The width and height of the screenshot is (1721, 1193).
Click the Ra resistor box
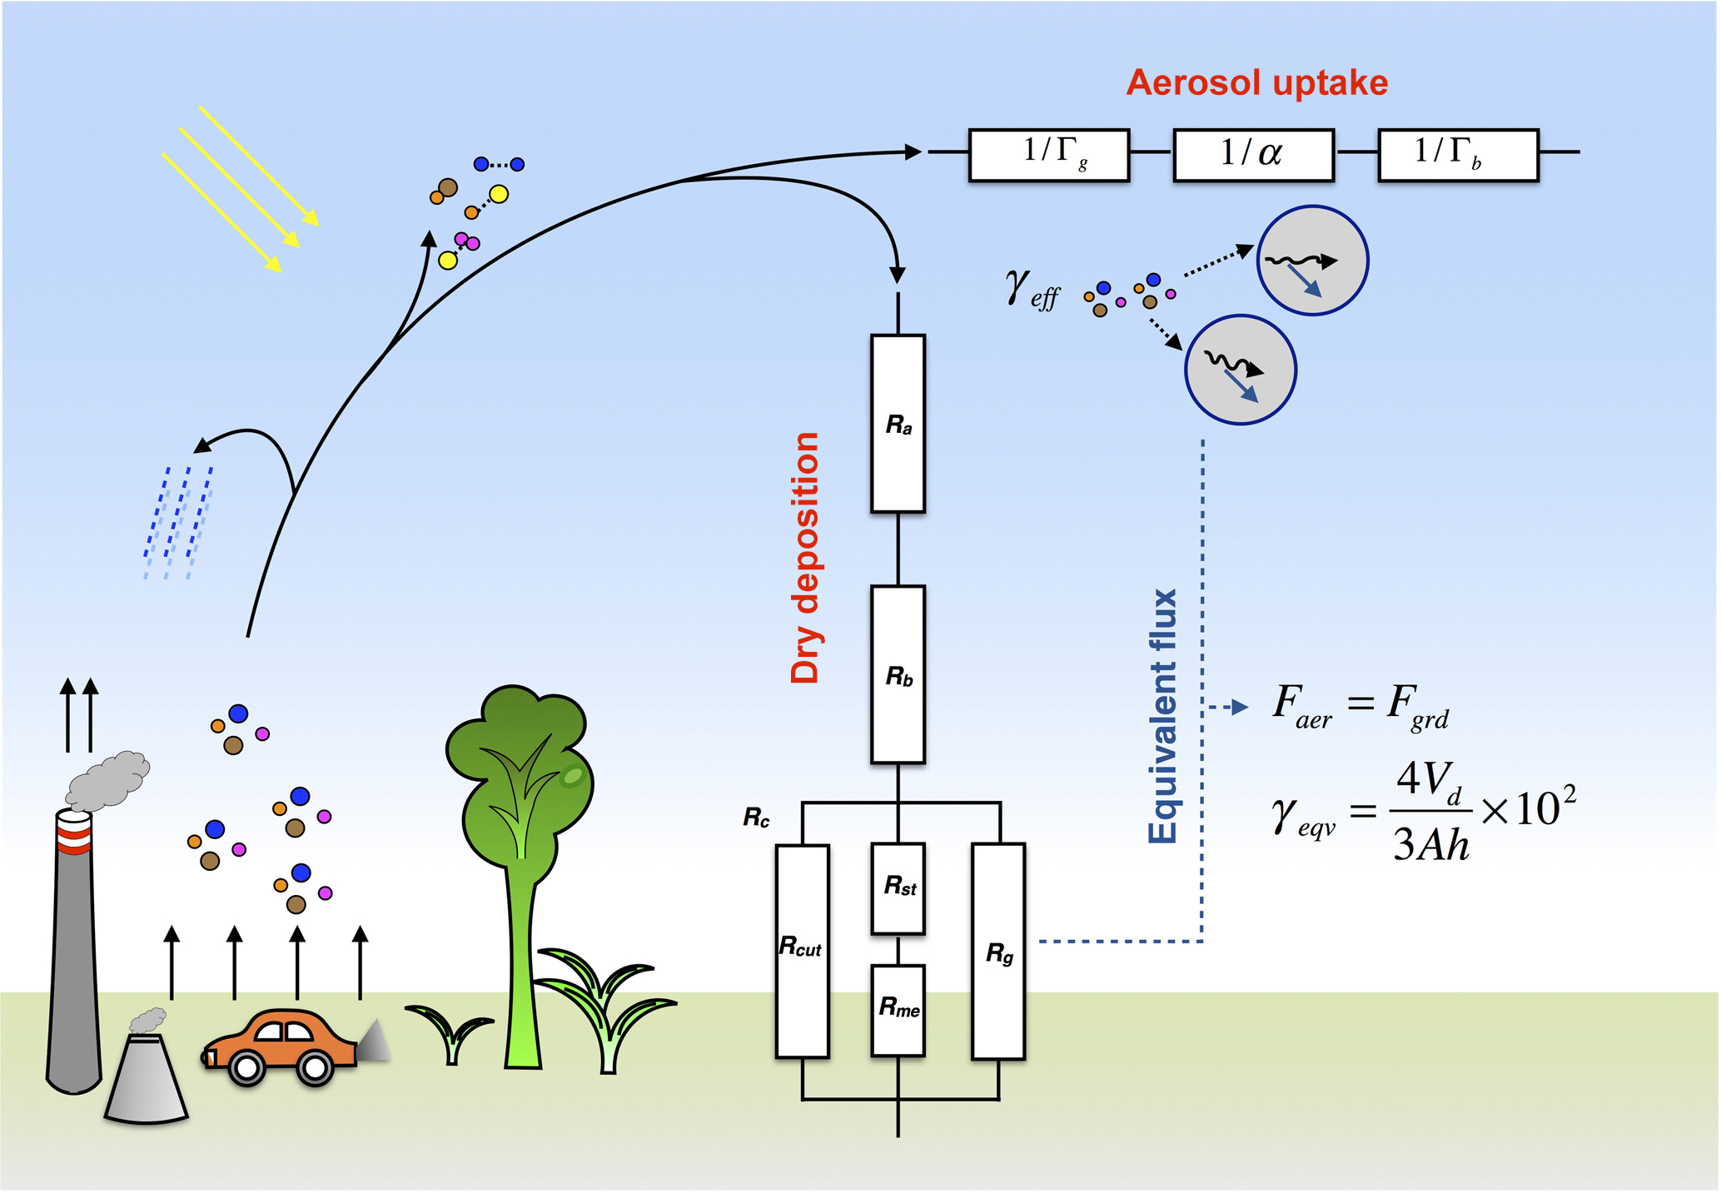898,423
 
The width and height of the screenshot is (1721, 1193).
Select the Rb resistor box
898,674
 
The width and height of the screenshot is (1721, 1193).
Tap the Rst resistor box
898,887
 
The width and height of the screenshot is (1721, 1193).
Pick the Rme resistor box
898,1010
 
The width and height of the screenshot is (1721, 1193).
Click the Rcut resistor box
802,951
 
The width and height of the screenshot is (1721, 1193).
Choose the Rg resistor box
998,951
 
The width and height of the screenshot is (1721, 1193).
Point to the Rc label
756,818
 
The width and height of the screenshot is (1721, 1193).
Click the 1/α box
1253,154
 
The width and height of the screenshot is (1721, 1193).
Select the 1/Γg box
1049,154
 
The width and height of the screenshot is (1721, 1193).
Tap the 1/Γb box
1458,154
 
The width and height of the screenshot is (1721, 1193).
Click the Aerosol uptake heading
1256,82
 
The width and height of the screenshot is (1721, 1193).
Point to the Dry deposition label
805,558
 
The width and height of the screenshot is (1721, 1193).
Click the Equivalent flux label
1163,716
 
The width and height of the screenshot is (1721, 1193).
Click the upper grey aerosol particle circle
1311,260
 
